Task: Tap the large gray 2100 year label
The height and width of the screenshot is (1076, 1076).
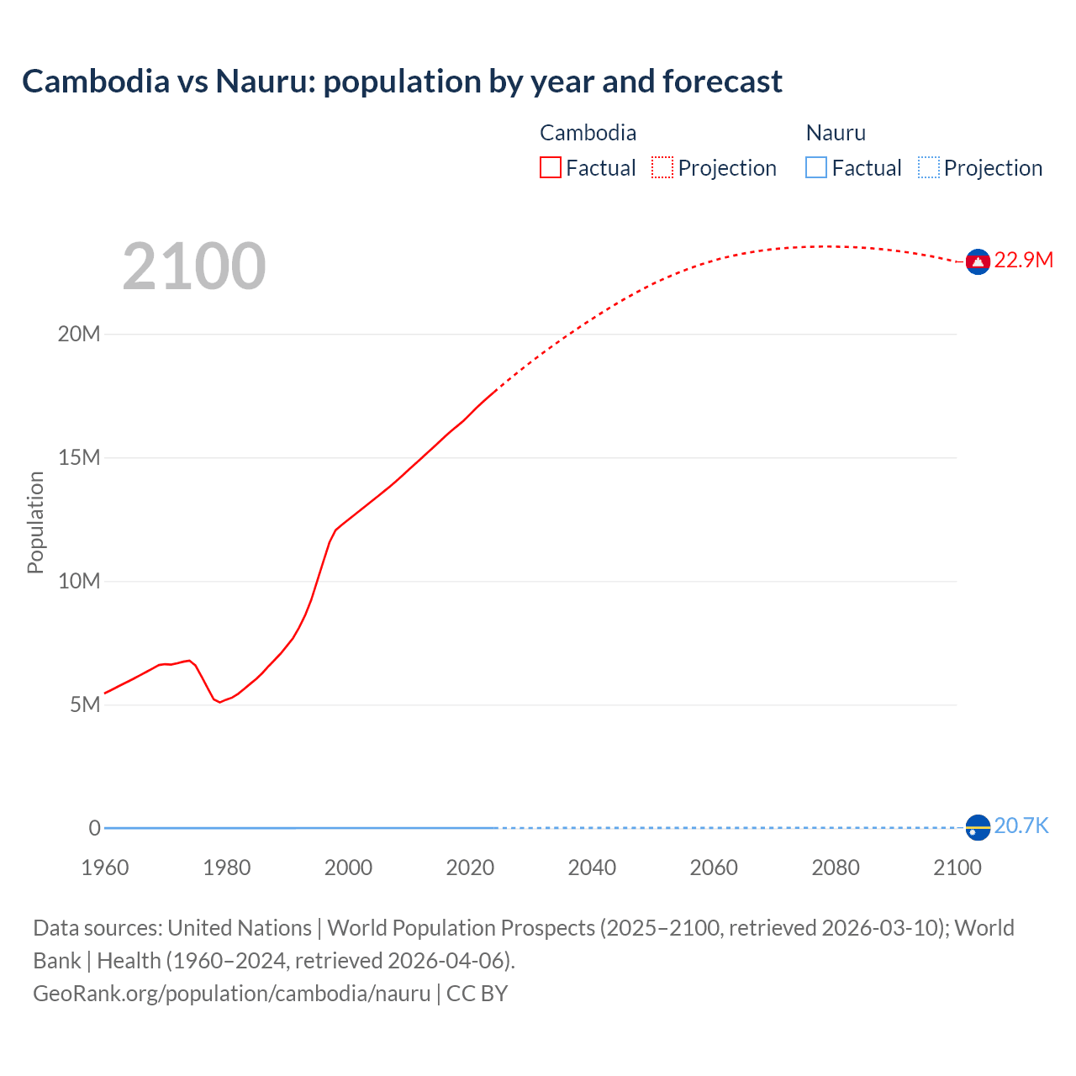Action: [x=194, y=266]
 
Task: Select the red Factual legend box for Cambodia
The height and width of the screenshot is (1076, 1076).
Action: [x=550, y=168]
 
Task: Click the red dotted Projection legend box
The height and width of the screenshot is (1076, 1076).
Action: [x=662, y=168]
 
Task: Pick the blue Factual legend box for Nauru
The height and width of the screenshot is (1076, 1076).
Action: [x=815, y=168]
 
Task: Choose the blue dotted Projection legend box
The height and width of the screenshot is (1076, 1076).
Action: [x=929, y=168]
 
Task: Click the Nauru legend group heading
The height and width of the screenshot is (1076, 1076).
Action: [x=835, y=133]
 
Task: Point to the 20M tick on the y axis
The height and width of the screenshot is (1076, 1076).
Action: [x=79, y=334]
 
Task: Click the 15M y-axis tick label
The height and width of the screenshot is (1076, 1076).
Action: [x=79, y=457]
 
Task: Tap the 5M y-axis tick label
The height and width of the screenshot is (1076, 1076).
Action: [x=85, y=704]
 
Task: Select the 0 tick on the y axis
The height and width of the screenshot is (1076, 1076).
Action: [x=94, y=828]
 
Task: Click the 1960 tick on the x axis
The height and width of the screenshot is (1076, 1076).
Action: [x=105, y=868]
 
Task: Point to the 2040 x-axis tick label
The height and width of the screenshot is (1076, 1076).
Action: [x=592, y=868]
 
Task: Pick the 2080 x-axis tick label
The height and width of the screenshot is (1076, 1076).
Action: [x=836, y=868]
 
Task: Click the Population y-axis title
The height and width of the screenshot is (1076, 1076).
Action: [x=35, y=522]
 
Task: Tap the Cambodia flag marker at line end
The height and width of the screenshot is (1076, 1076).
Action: [x=978, y=262]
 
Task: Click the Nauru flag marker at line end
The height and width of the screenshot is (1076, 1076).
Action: [x=978, y=828]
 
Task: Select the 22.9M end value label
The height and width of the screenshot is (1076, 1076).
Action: [x=1023, y=260]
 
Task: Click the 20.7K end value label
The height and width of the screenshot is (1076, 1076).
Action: [x=1021, y=825]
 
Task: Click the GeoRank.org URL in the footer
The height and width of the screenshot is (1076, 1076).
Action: [x=231, y=994]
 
